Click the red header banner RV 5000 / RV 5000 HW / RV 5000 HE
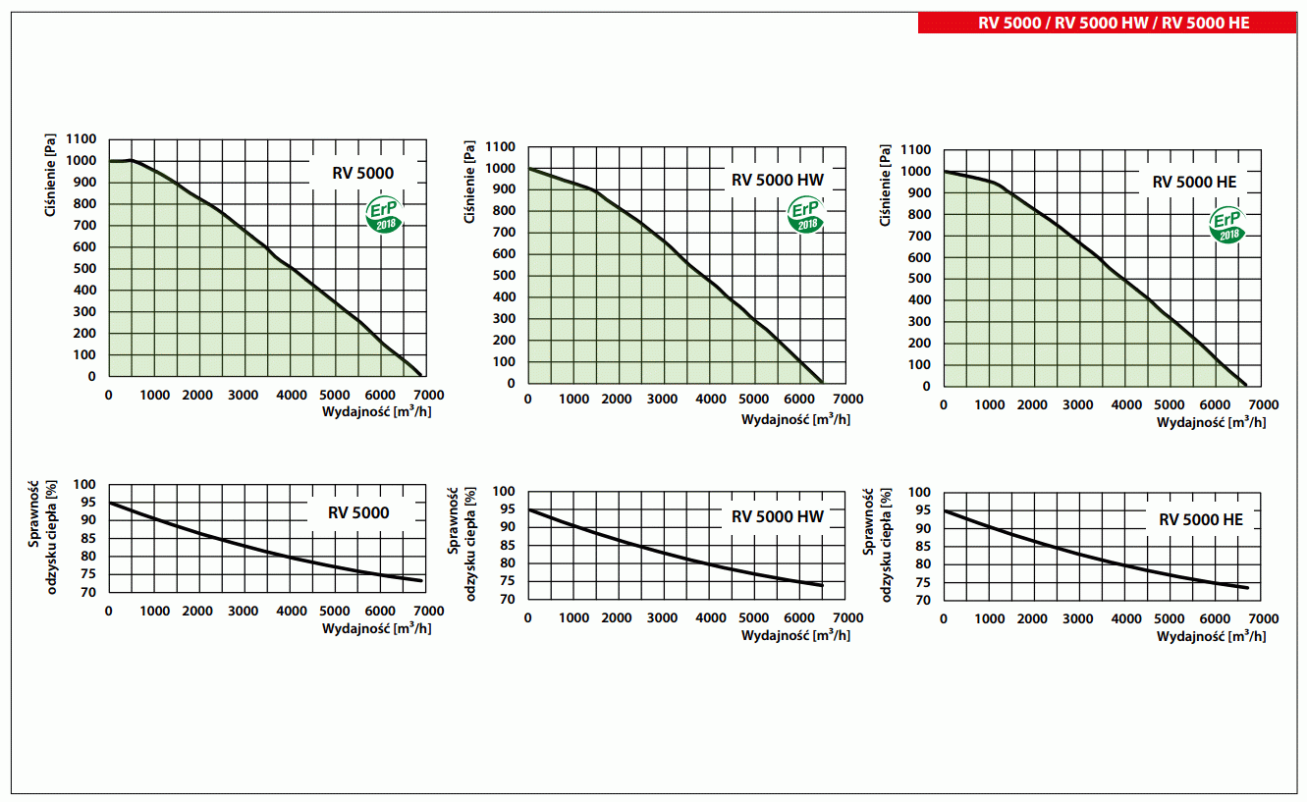[1107, 23]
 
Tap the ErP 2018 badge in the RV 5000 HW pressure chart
[807, 215]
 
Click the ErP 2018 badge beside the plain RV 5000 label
[384, 215]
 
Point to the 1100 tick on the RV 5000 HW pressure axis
[500, 147]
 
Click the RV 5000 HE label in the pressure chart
[1193, 182]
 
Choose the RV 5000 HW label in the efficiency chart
[777, 517]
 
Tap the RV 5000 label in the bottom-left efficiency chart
[358, 512]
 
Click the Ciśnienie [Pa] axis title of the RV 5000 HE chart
[886, 186]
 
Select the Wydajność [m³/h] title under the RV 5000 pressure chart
[377, 411]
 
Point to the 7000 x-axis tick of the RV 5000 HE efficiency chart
[1263, 619]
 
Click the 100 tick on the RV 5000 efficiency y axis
[84, 485]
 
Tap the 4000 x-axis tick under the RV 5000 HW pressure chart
[708, 400]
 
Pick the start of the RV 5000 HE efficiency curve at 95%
[945, 510]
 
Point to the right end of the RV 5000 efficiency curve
[422, 581]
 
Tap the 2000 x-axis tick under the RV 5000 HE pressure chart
[1033, 404]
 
